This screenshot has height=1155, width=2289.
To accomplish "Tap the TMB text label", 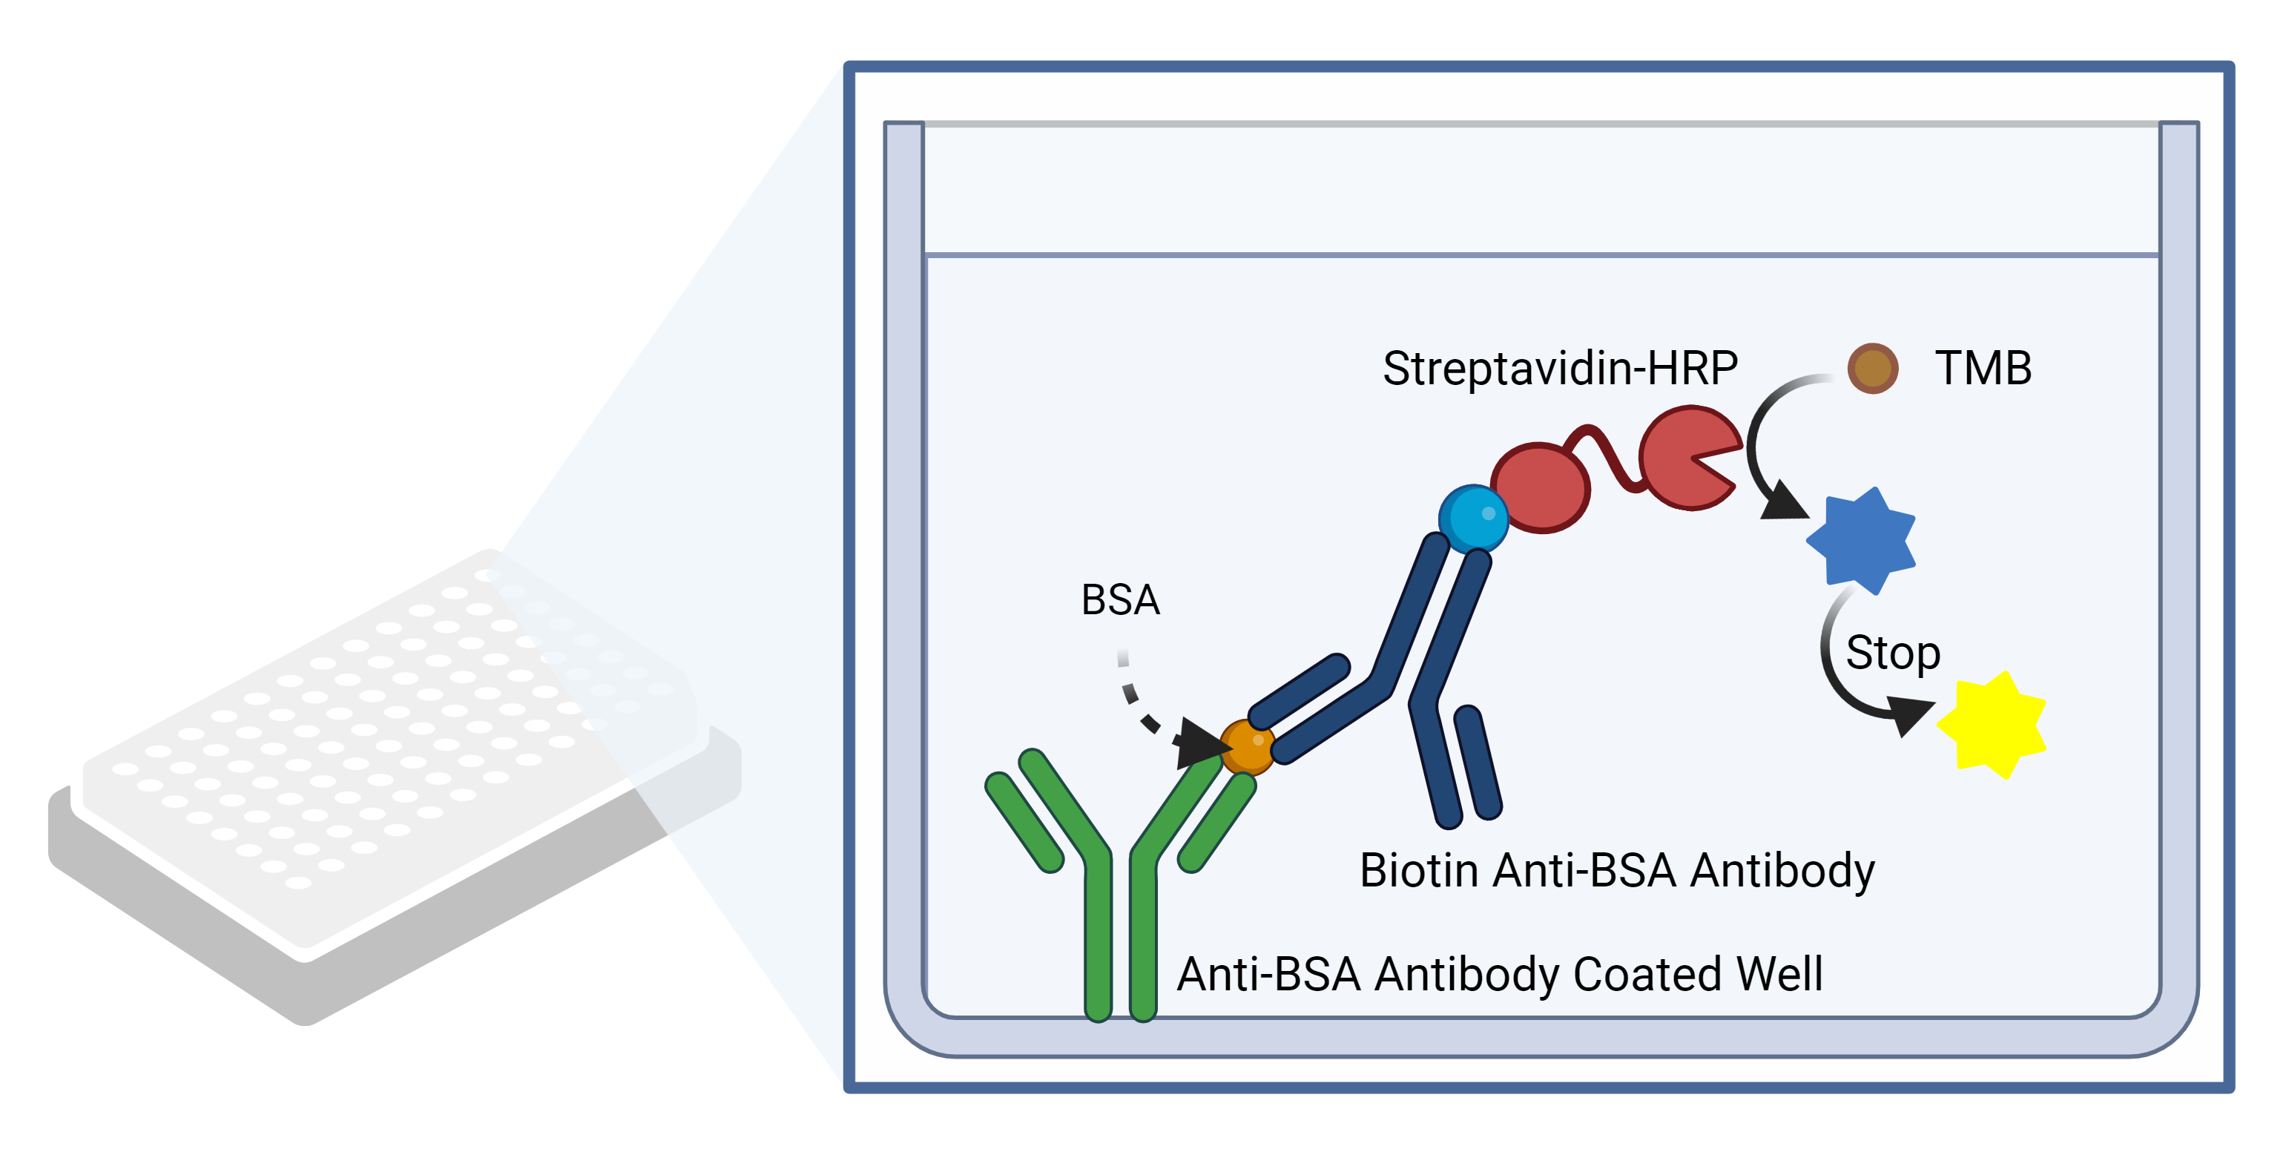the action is (x=1983, y=367).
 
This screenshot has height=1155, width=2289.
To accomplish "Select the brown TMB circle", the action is (x=1872, y=368).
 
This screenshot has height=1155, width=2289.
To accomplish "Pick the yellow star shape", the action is (x=1992, y=725).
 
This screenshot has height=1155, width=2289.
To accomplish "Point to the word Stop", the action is (x=1893, y=653).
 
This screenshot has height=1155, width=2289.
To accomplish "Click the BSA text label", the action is (x=1121, y=599).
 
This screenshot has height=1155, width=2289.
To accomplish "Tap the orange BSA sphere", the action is (x=1248, y=748).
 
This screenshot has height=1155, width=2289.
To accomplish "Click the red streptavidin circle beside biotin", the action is (x=1541, y=488).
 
